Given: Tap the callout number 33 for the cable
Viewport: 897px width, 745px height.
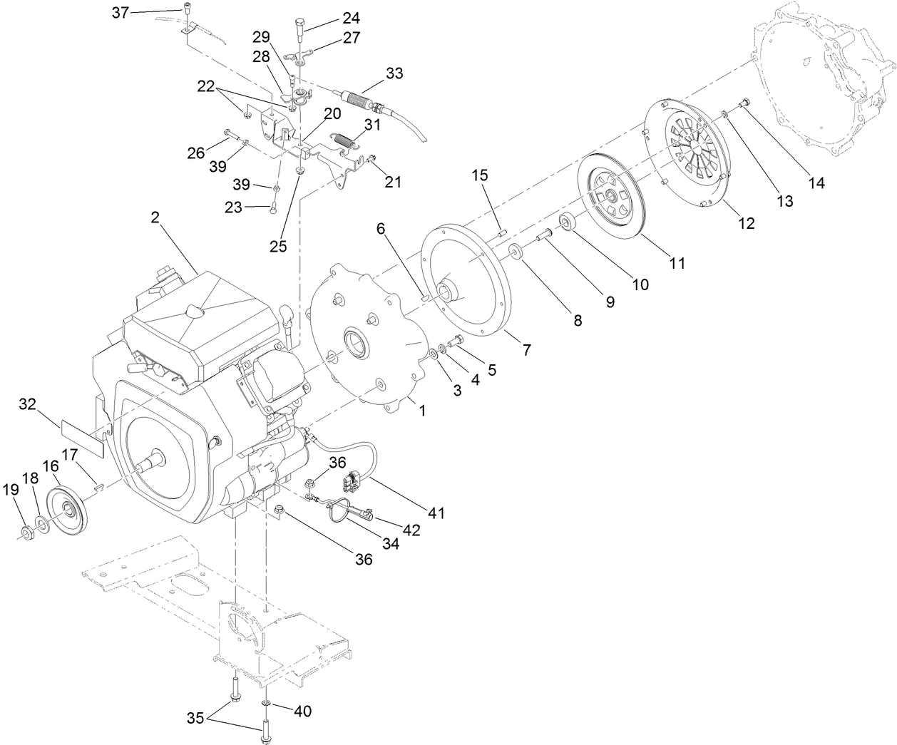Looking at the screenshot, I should point(394,73).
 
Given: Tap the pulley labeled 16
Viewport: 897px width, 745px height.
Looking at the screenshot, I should point(68,508).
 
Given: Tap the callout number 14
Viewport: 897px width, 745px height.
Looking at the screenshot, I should point(816,183).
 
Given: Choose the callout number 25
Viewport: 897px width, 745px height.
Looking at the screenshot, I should point(278,246).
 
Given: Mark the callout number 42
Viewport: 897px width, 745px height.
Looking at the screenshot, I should point(411,530).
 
